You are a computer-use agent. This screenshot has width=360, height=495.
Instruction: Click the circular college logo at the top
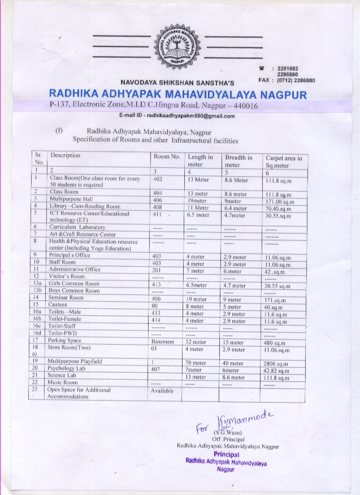pos(178,43)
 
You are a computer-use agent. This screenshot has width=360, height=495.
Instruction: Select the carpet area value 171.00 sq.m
pos(280,201)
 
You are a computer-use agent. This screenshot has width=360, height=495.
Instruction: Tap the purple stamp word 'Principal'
pos(228,454)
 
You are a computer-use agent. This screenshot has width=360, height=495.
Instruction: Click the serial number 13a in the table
pos(37,284)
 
